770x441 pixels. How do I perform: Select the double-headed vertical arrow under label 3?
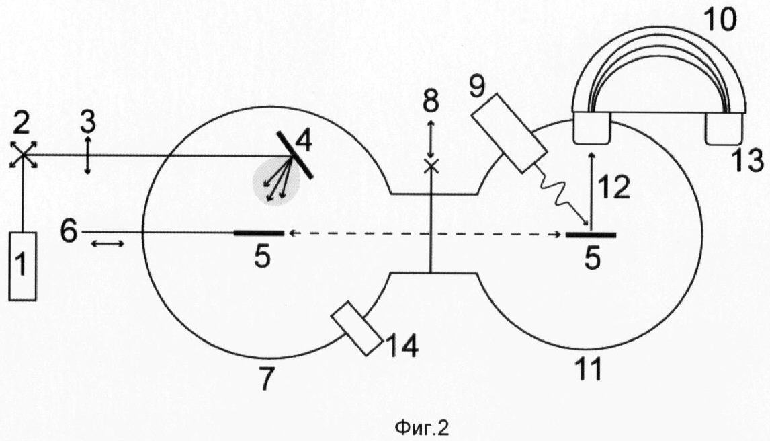pos(87,156)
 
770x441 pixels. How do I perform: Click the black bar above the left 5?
pos(259,233)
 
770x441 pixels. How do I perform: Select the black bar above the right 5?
pos(591,235)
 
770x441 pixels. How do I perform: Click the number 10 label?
pos(720,19)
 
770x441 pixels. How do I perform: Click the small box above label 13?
pos(724,128)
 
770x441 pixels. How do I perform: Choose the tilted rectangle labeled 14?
pos(357,328)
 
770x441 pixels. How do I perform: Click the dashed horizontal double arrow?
pos(425,234)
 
